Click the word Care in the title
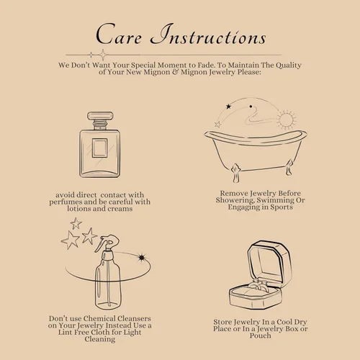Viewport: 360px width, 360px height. coord(119,35)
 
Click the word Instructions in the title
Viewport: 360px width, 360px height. coord(208,35)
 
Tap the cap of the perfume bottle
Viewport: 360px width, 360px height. coord(100,116)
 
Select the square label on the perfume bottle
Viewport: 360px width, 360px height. coord(100,148)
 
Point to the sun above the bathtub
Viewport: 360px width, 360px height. coord(286,120)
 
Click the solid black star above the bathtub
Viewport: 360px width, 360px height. coord(228,107)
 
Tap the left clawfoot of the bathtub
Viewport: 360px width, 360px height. coord(235,173)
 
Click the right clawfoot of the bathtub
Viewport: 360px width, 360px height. coord(289,167)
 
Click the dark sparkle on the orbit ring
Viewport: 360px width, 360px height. coord(142,258)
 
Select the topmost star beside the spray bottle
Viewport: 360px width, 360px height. coord(76,223)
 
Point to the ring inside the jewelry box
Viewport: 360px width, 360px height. coord(257,286)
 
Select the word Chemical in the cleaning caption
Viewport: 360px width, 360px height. coord(100,318)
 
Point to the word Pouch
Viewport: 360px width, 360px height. coord(261,336)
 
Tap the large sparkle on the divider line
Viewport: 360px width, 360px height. coord(103,55)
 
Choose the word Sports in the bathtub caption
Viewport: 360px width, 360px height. coord(282,207)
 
